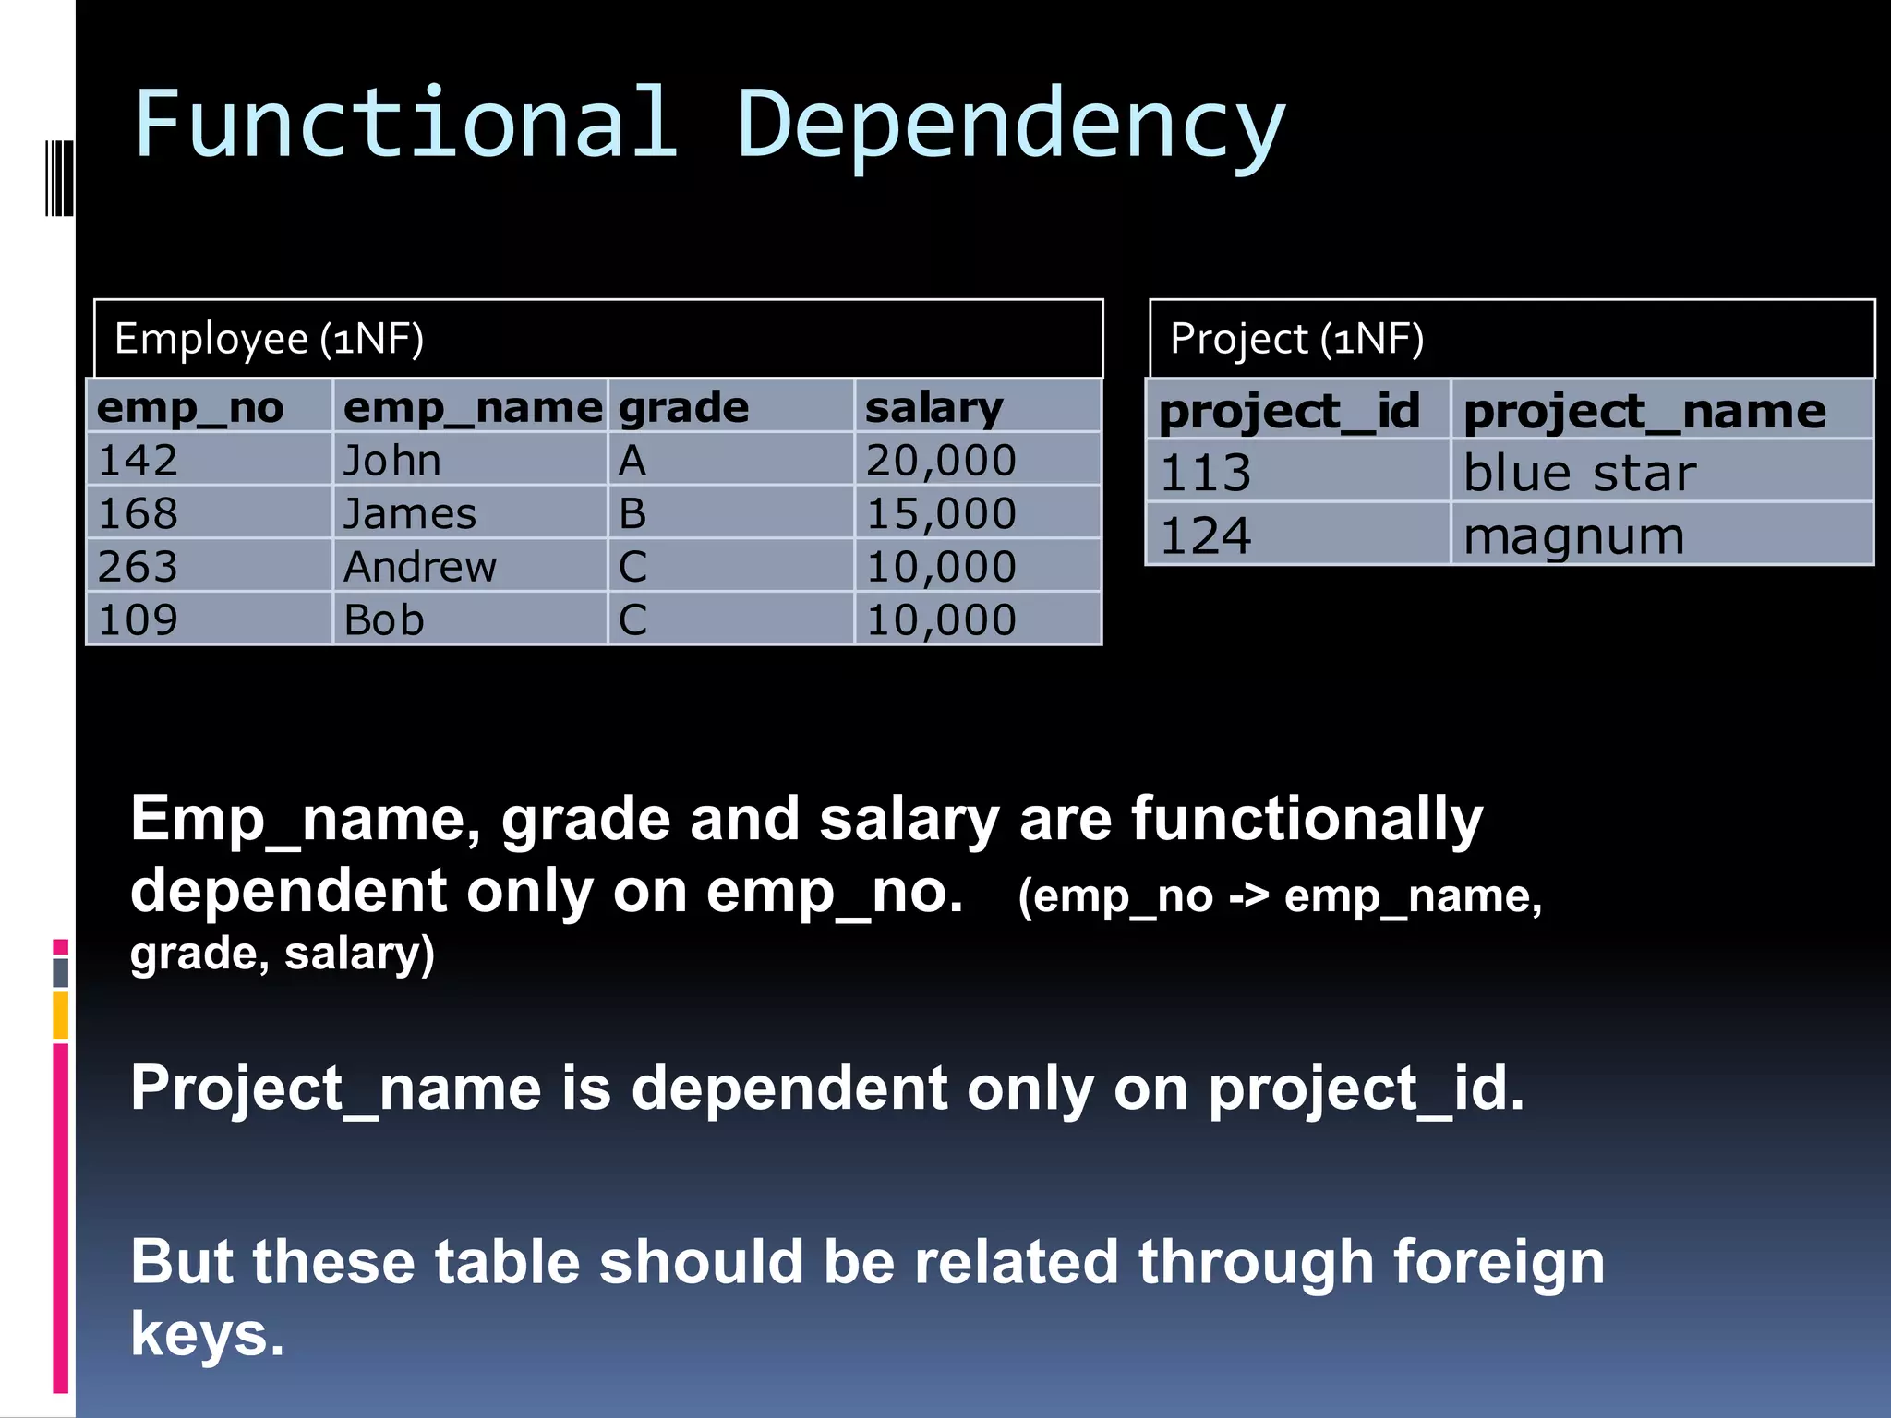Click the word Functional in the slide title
(406, 125)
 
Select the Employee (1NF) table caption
(269, 339)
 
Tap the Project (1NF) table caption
(1296, 339)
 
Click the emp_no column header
(190, 407)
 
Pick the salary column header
(933, 407)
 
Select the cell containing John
(392, 460)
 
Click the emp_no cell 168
(139, 513)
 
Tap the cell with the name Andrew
(420, 567)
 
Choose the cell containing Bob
(384, 619)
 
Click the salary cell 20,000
(941, 460)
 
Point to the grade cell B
(632, 513)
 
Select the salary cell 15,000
(941, 513)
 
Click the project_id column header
(1289, 411)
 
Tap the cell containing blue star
(1580, 473)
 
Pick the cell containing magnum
(1574, 535)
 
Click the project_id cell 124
(1206, 535)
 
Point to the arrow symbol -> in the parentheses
(1248, 896)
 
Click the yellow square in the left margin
(61, 1015)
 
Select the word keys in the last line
(207, 1335)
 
